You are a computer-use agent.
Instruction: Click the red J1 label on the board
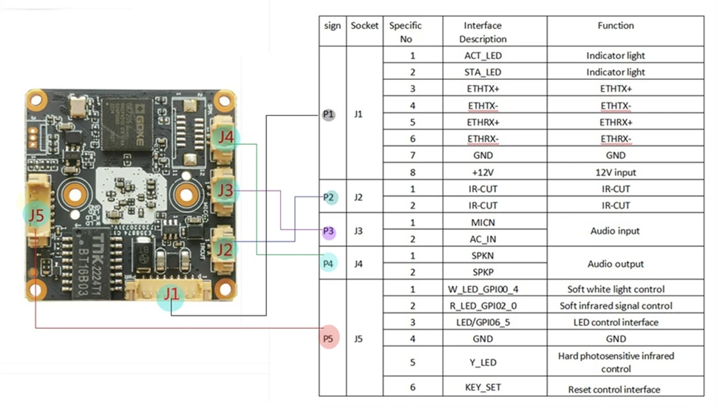[x=171, y=293]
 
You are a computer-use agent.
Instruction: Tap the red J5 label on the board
[x=36, y=214]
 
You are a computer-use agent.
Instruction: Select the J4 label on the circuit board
[x=225, y=136]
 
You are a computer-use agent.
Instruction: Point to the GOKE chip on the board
[x=126, y=123]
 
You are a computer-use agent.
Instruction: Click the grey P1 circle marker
[x=328, y=115]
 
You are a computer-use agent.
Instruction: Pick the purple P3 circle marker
[x=328, y=231]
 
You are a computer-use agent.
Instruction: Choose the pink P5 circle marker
[x=328, y=339]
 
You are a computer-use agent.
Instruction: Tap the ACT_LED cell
[x=483, y=55]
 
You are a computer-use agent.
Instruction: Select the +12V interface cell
[x=483, y=172]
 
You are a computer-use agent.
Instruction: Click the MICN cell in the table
[x=483, y=223]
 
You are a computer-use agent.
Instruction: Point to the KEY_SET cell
[x=483, y=387]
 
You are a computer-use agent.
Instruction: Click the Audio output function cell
[x=616, y=264]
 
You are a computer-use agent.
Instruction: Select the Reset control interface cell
[x=614, y=390]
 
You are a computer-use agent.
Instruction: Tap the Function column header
[x=616, y=26]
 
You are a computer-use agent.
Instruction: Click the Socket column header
[x=364, y=26]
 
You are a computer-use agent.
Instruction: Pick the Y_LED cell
[x=483, y=362]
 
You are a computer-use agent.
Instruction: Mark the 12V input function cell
[x=616, y=172]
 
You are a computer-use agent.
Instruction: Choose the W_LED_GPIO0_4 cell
[x=483, y=289]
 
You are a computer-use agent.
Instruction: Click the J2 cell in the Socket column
[x=358, y=197]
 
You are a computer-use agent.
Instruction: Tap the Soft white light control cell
[x=616, y=289]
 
